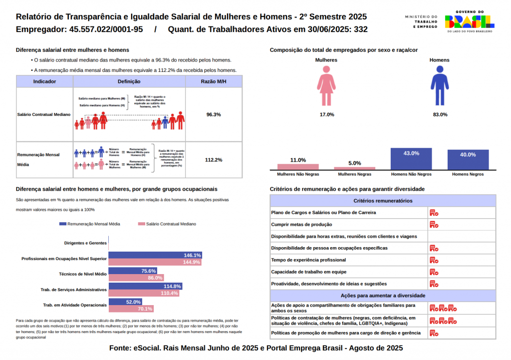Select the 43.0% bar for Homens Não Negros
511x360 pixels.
click(411, 159)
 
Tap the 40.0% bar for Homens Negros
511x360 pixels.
click(468, 160)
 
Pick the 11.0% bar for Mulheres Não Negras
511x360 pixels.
click(298, 167)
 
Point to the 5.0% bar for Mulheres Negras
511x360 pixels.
click(354, 168)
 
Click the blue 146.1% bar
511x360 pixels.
click(155, 255)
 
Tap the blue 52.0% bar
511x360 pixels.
click(125, 302)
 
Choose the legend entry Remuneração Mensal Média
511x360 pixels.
click(89, 224)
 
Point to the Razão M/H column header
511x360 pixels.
click(214, 81)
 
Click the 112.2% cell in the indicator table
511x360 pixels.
click(214, 160)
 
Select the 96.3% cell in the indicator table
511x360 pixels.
click(214, 114)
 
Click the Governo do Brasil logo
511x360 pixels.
click(469, 21)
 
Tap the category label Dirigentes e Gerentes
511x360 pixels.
click(85, 243)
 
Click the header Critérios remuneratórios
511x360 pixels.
click(383, 201)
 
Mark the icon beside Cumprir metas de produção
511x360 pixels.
click(434, 225)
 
